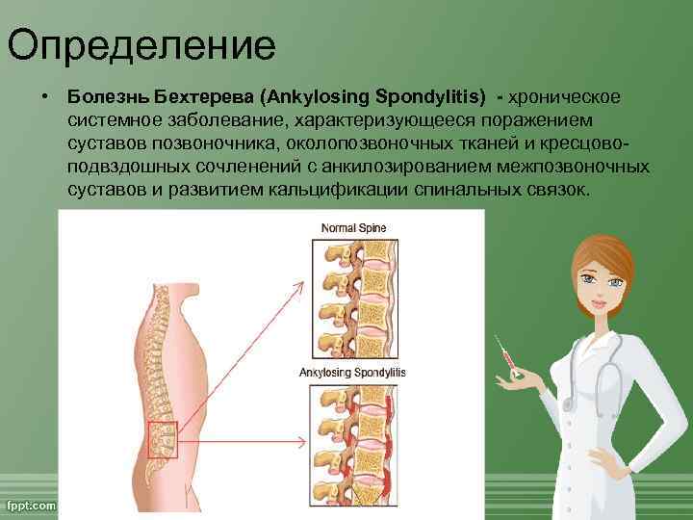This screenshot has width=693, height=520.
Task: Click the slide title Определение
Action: pyautogui.click(x=141, y=44)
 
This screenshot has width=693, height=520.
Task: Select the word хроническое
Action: pyautogui.click(x=565, y=97)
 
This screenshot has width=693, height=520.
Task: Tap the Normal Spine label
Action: pyautogui.click(x=353, y=227)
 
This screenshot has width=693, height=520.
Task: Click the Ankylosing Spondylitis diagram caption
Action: pyautogui.click(x=353, y=372)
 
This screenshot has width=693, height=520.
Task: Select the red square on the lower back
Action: pyautogui.click(x=163, y=438)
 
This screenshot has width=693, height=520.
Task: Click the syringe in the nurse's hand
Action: pyautogui.click(x=505, y=358)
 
